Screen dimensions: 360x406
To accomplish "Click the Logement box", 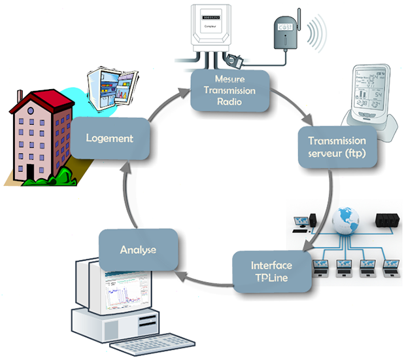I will pos(109,138).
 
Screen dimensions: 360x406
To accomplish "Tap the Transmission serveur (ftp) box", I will pos(336,147).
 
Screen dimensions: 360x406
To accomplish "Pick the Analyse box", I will pos(137,249).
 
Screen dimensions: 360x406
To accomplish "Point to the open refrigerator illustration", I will pos(110,85).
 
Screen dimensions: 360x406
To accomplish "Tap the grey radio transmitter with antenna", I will pos(285,37).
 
